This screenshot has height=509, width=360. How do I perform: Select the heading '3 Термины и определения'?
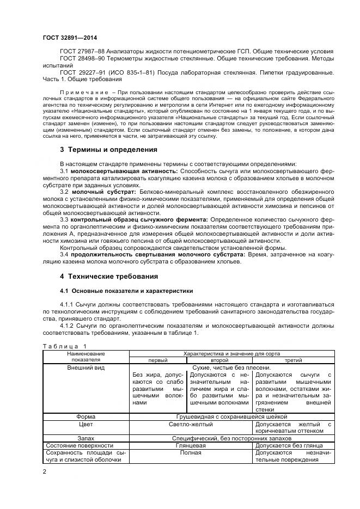point(108,150)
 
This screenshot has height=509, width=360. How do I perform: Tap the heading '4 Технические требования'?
point(109,276)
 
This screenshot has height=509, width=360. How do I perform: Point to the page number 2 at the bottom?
point(45,471)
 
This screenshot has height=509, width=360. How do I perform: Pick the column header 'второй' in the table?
point(219,360)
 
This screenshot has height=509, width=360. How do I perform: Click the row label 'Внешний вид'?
point(86,368)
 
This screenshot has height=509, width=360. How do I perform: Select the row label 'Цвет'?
point(86,424)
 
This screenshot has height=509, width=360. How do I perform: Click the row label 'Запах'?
point(86,438)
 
